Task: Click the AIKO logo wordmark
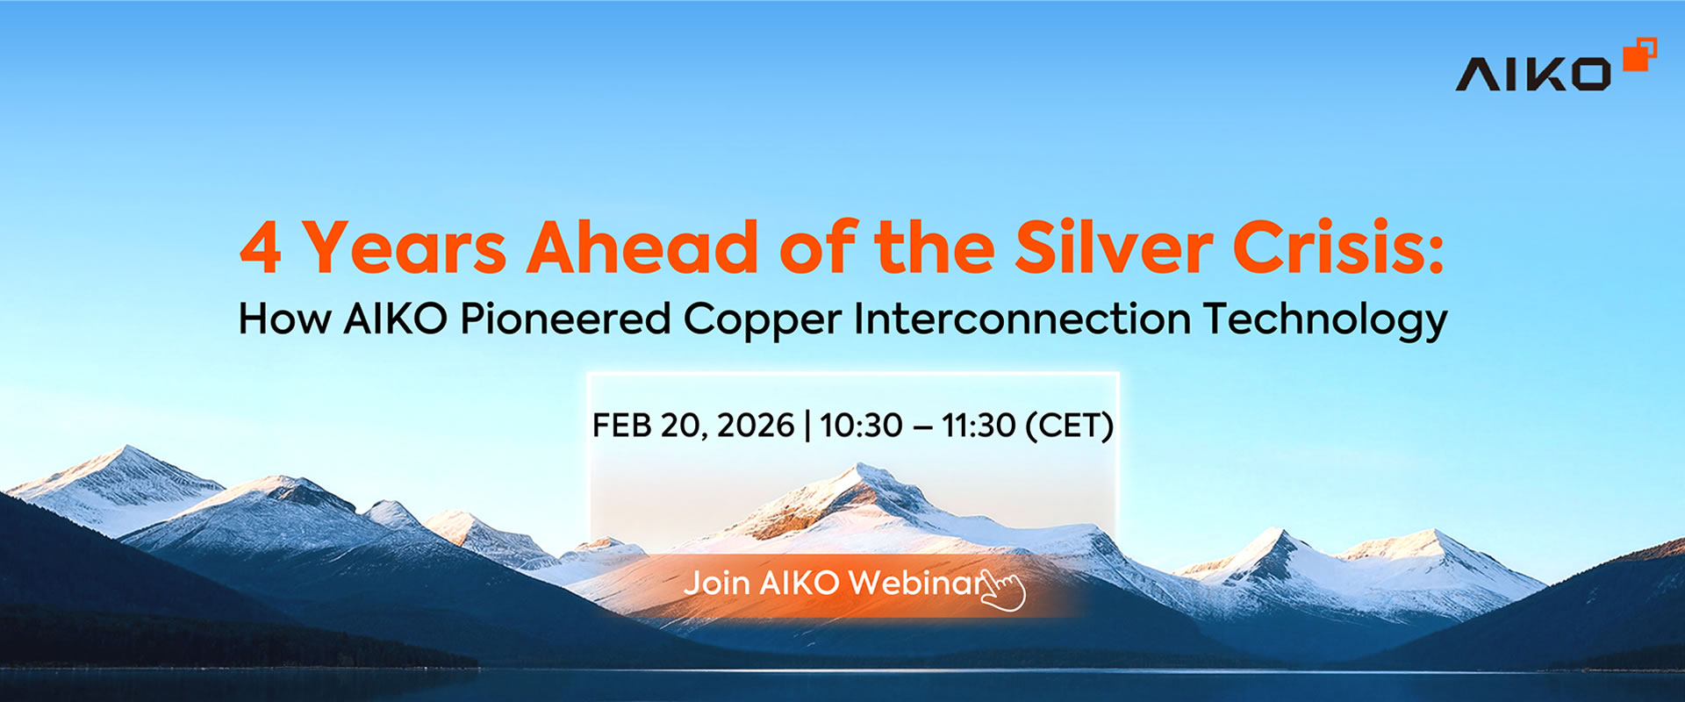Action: click(1532, 75)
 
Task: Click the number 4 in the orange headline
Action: click(261, 248)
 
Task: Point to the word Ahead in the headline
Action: click(642, 248)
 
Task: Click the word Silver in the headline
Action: click(1113, 248)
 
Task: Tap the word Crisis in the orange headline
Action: click(1337, 248)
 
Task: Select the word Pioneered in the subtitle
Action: click(565, 319)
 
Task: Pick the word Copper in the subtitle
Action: click(762, 320)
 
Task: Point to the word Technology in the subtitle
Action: click(1325, 320)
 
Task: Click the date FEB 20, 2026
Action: click(693, 426)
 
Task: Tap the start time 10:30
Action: click(861, 426)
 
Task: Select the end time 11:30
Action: click(979, 426)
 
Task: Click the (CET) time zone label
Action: click(1069, 426)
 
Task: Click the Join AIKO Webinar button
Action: click(834, 584)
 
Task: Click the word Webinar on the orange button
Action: click(913, 584)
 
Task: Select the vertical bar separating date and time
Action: click(807, 426)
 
